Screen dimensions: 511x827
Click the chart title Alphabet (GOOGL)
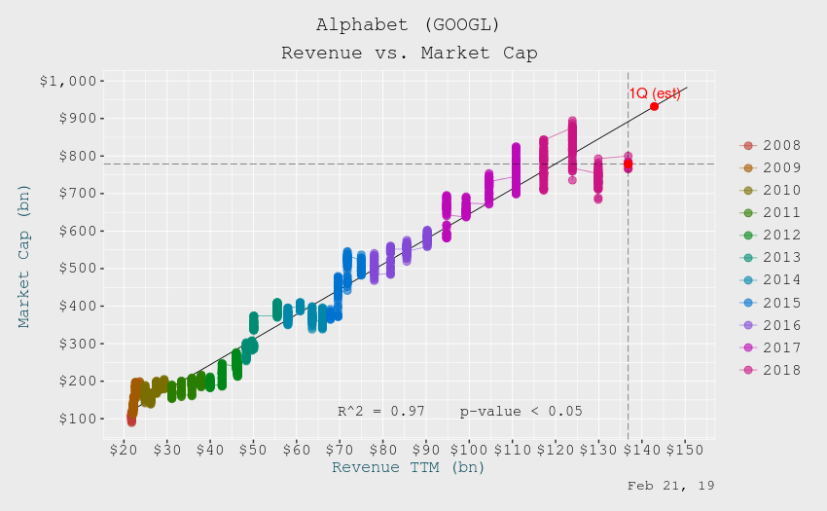tap(409, 24)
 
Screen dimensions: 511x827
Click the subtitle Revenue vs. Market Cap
tap(409, 53)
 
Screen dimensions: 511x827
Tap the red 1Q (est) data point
tap(654, 106)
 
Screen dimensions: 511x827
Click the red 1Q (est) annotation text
tap(654, 93)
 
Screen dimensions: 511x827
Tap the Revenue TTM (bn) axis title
tap(409, 467)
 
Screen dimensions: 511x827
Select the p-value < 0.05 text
tap(521, 411)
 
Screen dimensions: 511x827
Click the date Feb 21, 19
tap(670, 485)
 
